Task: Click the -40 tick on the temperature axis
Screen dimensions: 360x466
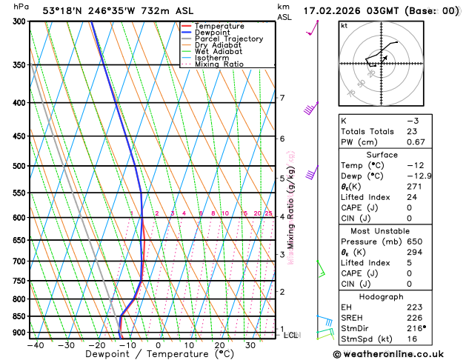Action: coord(34,345)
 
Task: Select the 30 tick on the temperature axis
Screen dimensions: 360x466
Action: coord(250,345)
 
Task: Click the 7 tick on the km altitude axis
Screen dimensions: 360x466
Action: coord(282,98)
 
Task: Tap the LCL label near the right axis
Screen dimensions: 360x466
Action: coord(291,335)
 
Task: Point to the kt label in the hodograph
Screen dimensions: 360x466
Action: coord(344,26)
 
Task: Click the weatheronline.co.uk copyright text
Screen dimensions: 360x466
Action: coord(397,353)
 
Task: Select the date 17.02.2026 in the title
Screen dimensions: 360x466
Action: coord(333,10)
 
